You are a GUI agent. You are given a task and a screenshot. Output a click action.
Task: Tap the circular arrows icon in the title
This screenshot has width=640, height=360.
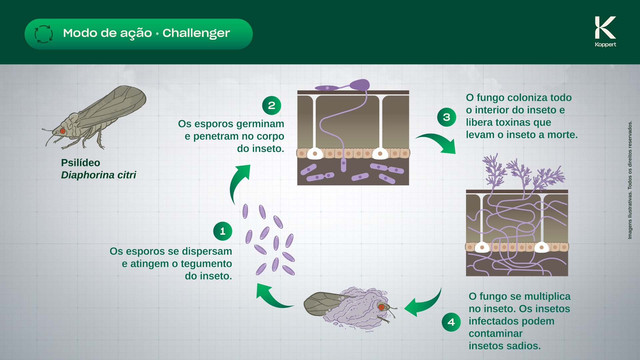(x=44, y=34)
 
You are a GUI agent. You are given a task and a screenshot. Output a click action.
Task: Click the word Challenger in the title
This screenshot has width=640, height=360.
(x=196, y=33)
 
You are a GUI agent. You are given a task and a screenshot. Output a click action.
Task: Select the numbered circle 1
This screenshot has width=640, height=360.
(x=223, y=231)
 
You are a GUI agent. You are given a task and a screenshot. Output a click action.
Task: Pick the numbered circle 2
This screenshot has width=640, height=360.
(x=272, y=105)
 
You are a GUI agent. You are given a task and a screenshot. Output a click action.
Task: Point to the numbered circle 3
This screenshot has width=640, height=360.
(x=447, y=117)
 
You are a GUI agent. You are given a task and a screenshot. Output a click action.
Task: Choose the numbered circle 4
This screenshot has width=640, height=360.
(x=451, y=322)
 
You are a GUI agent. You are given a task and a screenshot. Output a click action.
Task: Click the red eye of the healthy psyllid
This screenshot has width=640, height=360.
(x=62, y=131)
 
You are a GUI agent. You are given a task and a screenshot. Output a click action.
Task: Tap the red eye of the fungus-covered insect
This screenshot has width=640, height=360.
(x=381, y=307)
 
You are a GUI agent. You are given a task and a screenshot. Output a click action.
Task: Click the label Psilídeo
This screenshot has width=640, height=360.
(x=81, y=163)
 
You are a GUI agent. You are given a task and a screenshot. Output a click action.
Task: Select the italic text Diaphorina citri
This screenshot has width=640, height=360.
(x=99, y=175)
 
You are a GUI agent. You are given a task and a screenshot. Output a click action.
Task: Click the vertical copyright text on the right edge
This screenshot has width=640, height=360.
(x=630, y=180)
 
